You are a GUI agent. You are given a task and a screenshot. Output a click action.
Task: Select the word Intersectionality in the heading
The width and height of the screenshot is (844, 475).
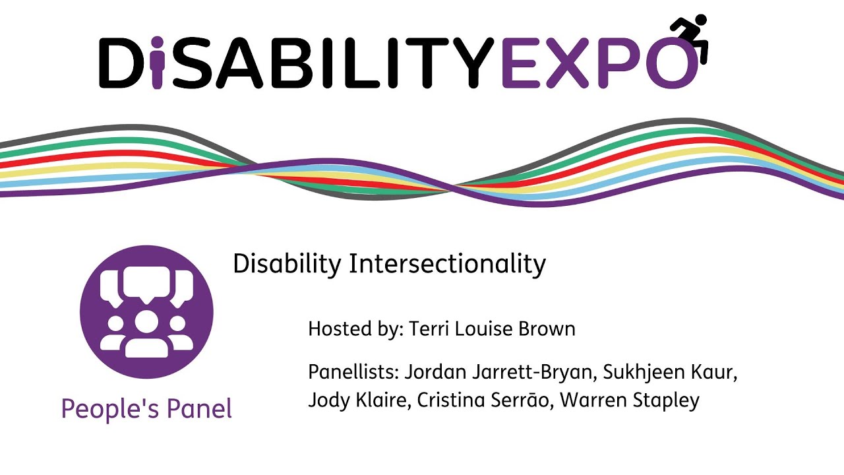(x=447, y=265)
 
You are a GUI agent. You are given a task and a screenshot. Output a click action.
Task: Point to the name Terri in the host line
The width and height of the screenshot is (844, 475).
(x=427, y=329)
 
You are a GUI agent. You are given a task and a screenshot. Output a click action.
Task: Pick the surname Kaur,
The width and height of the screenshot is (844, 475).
(x=716, y=372)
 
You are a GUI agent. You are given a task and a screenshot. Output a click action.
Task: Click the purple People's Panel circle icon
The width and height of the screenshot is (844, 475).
(x=146, y=311)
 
